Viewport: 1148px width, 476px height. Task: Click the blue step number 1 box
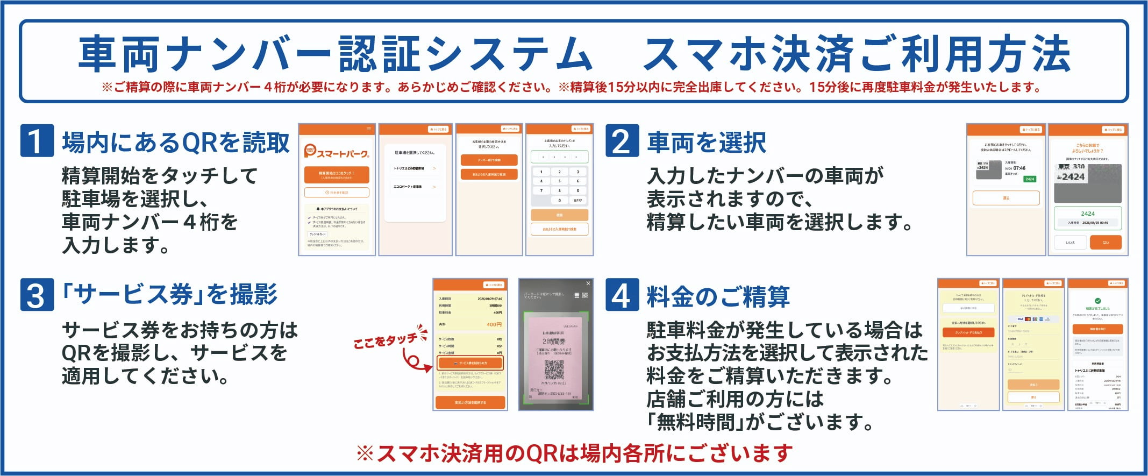click(x=37, y=141)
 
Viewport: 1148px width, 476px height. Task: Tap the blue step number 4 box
click(x=622, y=295)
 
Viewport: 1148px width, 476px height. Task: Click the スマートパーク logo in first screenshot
click(x=337, y=152)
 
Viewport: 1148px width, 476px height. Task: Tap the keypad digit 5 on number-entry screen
click(x=559, y=181)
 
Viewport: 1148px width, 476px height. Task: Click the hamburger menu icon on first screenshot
click(x=369, y=129)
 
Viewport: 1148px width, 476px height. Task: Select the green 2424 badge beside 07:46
click(x=1029, y=179)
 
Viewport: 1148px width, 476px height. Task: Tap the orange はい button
click(x=1106, y=243)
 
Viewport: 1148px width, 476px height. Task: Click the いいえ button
click(x=1070, y=243)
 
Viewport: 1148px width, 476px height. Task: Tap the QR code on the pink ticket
click(x=554, y=370)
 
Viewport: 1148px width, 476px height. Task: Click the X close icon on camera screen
click(x=588, y=283)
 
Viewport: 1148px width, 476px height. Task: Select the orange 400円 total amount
click(x=494, y=325)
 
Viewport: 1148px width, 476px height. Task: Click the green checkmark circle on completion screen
click(x=1097, y=301)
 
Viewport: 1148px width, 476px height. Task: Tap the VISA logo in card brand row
click(x=1020, y=319)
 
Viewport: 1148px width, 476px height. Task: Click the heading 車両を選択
click(x=707, y=143)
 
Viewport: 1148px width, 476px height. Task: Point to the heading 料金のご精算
click(x=718, y=297)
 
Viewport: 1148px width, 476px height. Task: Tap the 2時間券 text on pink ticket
click(x=554, y=342)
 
